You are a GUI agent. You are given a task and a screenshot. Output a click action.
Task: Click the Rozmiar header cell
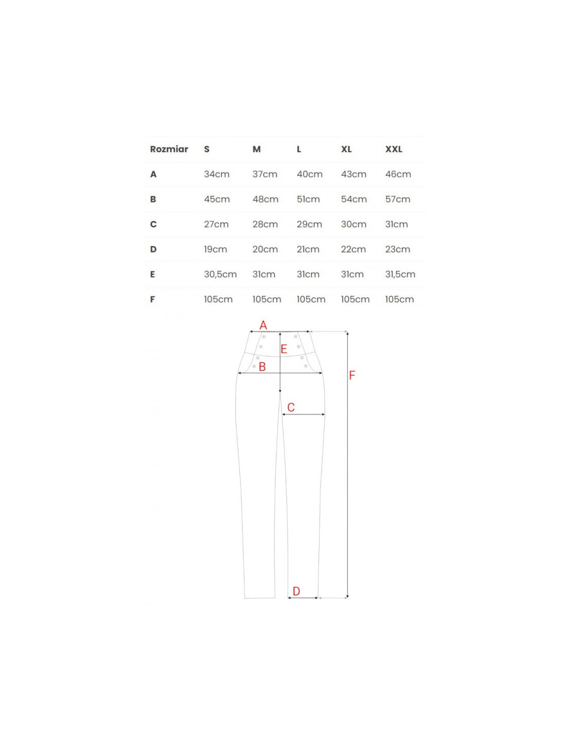(169, 149)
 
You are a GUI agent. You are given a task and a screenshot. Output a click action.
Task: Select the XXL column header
(394, 149)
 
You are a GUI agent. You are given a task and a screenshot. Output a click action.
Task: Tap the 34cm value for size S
(217, 174)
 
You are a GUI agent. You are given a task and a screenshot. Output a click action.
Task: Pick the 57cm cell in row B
(398, 199)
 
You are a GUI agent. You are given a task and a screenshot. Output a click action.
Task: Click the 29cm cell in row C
(309, 224)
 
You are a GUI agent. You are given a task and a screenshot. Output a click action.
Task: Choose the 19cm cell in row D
(216, 249)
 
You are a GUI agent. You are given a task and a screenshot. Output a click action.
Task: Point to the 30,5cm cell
(220, 274)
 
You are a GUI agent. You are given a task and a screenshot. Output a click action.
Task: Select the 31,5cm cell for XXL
(400, 274)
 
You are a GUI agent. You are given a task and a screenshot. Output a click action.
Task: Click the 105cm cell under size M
(267, 299)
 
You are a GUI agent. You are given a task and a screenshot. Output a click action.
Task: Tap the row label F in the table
(152, 299)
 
